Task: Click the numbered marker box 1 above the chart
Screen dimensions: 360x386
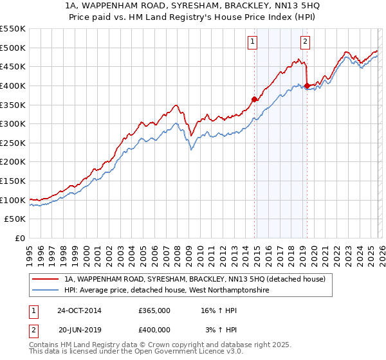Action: pyautogui.click(x=253, y=42)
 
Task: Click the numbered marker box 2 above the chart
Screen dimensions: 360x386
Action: pyautogui.click(x=305, y=42)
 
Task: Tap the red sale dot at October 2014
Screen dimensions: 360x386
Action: pyautogui.click(x=254, y=98)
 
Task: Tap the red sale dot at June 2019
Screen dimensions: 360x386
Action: pyautogui.click(x=307, y=85)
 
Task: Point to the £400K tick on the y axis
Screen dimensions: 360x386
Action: pyautogui.click(x=13, y=85)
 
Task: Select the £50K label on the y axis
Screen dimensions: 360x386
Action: pyautogui.click(x=15, y=219)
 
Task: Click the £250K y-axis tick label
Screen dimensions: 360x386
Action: pyautogui.click(x=13, y=143)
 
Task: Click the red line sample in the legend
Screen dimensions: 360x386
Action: pyautogui.click(x=46, y=279)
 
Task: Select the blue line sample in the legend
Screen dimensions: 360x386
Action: pyautogui.click(x=46, y=291)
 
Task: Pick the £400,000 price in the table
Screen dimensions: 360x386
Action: pyautogui.click(x=154, y=330)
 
